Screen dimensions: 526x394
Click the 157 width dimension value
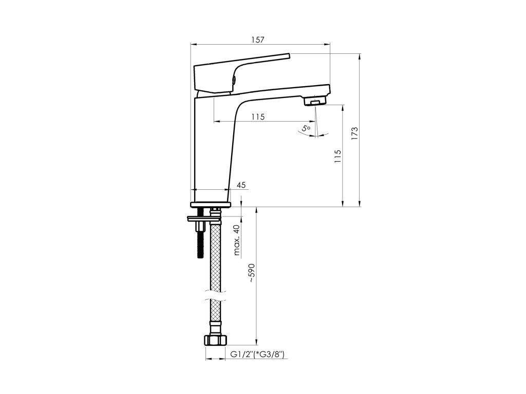tap(258, 40)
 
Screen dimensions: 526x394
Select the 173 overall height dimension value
tap(355, 133)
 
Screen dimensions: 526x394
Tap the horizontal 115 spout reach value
tap(258, 117)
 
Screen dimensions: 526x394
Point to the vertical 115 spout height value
tap(337, 156)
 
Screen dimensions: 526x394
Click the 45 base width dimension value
tap(241, 185)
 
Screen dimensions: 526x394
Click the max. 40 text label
tap(237, 240)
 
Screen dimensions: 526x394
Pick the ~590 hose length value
tap(252, 273)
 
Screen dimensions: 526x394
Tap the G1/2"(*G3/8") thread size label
tap(257, 354)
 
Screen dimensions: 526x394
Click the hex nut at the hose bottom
tap(215, 340)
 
